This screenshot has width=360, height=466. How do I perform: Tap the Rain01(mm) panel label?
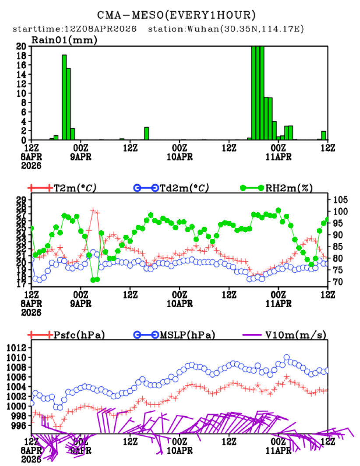point(64,40)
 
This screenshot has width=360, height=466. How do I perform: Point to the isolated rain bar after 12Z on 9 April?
point(146,133)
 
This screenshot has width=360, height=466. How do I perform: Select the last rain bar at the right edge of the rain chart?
point(324,136)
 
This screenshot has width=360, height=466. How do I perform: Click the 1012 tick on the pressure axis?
point(18,348)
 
